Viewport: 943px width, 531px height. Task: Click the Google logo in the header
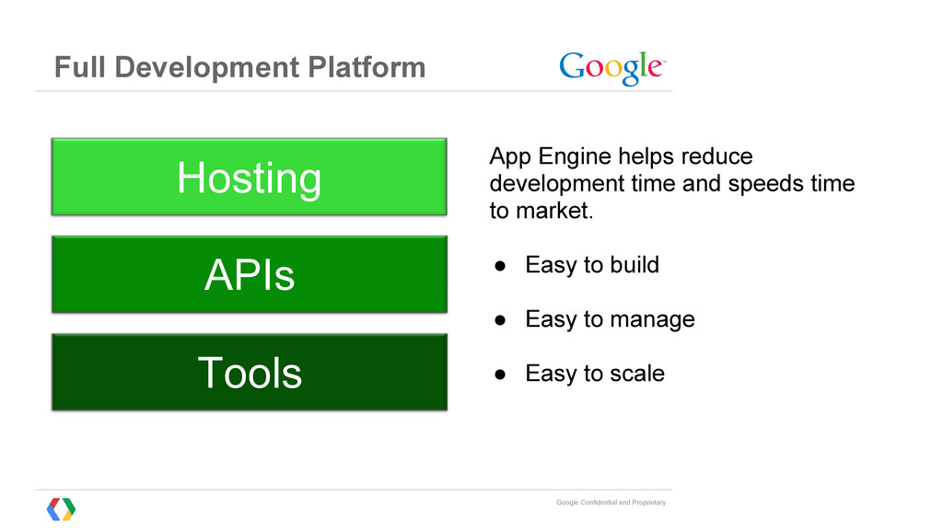[x=612, y=68]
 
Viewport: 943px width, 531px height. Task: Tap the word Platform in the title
[x=367, y=67]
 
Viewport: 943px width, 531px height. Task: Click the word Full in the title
[x=80, y=67]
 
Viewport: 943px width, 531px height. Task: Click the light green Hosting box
[x=249, y=177]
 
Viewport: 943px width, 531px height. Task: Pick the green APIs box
[x=249, y=274]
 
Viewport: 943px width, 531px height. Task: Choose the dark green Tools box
[x=249, y=373]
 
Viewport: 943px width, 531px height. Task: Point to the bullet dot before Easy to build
[x=500, y=266]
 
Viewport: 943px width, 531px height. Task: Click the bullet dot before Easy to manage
[x=500, y=320]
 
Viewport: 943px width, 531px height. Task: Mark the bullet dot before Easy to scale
[x=500, y=375]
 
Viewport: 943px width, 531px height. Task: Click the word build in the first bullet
[x=634, y=264]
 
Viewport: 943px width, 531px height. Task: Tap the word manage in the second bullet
[x=653, y=320]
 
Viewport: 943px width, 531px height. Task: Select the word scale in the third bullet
[x=637, y=374]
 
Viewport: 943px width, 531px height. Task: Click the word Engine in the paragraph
[x=575, y=156]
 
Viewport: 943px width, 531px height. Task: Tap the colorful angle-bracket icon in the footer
[x=62, y=510]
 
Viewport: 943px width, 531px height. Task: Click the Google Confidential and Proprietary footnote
[x=611, y=502]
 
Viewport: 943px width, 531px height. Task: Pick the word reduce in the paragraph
[x=716, y=156]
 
